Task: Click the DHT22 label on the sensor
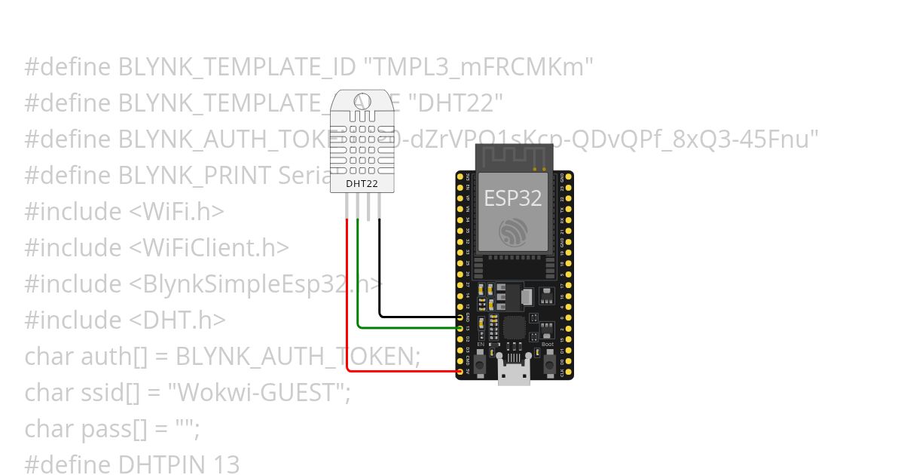coord(362,182)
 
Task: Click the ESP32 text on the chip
coord(512,198)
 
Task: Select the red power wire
coord(347,302)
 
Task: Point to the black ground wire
coord(380,271)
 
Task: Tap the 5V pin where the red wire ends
coord(460,371)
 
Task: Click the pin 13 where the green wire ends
coord(460,328)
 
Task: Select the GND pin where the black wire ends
coord(460,317)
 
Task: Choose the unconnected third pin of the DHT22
coord(368,207)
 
